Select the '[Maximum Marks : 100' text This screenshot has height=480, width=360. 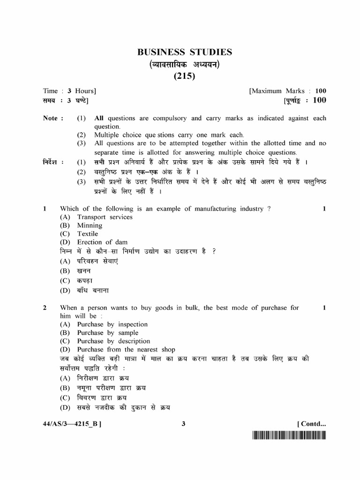(288, 91)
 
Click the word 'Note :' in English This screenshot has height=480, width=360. (53, 118)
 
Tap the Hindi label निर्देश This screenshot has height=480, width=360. (53, 162)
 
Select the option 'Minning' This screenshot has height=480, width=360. (90, 225)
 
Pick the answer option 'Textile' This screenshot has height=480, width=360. (88, 234)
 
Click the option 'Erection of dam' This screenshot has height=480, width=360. (102, 242)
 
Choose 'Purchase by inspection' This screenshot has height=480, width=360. (112, 324)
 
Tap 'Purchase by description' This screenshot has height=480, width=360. (113, 341)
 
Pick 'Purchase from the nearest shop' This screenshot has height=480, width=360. (126, 350)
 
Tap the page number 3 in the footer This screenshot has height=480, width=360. (184, 424)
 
